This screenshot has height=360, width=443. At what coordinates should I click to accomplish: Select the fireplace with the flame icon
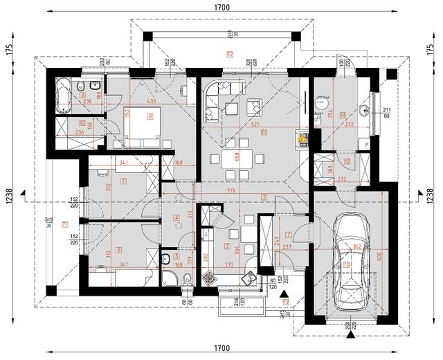click(x=301, y=139)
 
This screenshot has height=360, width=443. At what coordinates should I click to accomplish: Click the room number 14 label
click(x=343, y=114)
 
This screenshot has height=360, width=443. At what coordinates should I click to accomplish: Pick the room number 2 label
click(x=264, y=197)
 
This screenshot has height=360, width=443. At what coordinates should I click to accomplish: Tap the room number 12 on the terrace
click(x=229, y=53)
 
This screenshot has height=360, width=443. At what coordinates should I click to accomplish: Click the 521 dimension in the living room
click(x=256, y=125)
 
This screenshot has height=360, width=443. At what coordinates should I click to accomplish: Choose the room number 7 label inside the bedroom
click(x=123, y=181)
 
